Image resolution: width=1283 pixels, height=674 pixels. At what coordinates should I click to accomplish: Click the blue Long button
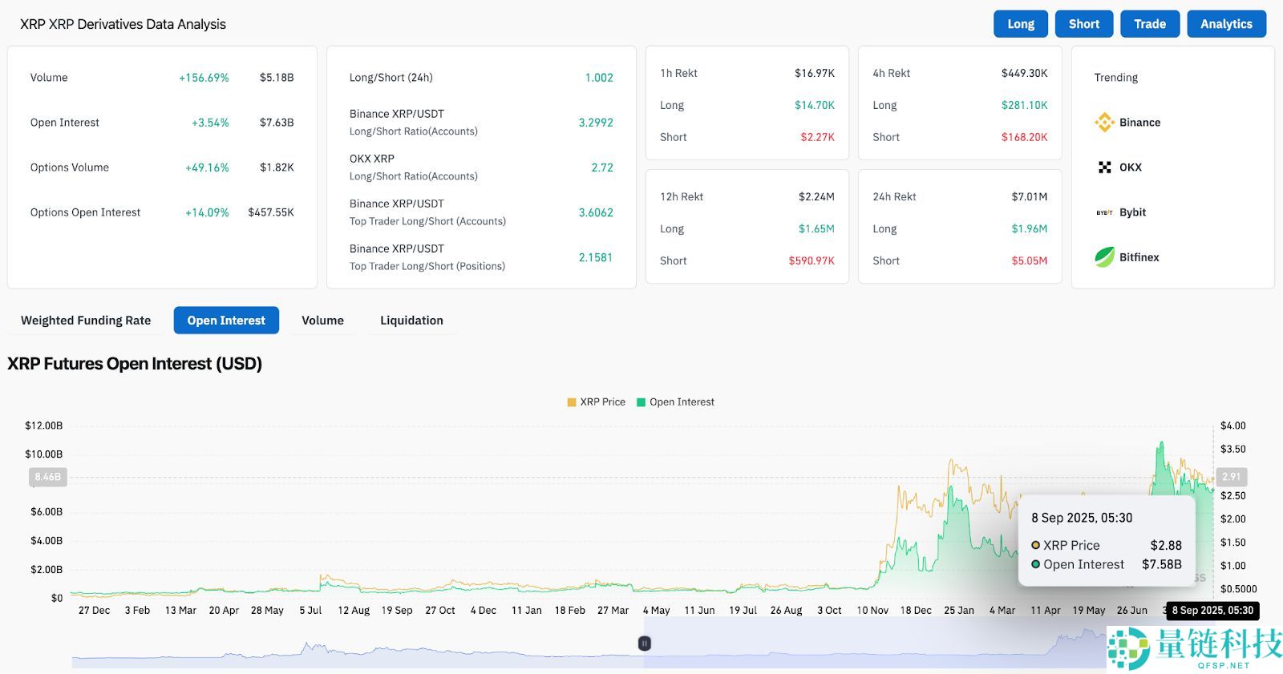pos(1021,24)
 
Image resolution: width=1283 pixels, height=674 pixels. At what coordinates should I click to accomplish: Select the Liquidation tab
pos(411,321)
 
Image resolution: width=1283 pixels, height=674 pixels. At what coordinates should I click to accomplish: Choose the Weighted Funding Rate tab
pos(86,321)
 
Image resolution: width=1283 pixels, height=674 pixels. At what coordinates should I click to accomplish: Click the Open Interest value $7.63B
pos(277,123)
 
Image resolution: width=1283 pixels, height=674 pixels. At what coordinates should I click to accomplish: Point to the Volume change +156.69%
pos(204,78)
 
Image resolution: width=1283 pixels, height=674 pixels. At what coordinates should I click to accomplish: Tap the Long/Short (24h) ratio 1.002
pos(598,78)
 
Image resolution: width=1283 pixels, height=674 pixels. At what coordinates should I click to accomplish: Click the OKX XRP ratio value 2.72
pos(601,167)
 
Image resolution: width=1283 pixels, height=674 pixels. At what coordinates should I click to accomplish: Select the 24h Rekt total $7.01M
pos(1029,196)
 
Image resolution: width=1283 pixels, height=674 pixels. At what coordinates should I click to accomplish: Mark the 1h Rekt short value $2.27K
pos(817,137)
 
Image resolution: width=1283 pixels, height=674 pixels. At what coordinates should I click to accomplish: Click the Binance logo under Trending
pos(1105,123)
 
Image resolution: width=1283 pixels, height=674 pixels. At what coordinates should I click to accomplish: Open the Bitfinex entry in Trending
pos(1139,257)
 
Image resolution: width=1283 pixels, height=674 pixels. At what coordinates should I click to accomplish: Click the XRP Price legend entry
pos(596,402)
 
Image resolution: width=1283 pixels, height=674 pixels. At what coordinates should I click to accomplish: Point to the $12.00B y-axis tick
pos(43,426)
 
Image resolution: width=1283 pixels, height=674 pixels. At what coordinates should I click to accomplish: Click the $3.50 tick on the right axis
pos(1232,449)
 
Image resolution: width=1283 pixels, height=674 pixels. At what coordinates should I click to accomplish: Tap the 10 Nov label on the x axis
pos(872,611)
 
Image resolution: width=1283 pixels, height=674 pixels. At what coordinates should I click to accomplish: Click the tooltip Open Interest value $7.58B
pos(1161,564)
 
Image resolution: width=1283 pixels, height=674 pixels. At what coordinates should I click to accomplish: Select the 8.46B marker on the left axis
pos(47,477)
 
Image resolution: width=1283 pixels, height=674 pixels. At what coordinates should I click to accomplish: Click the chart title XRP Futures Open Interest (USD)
pos(135,364)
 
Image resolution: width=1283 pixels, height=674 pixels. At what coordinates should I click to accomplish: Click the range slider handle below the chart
pos(644,644)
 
